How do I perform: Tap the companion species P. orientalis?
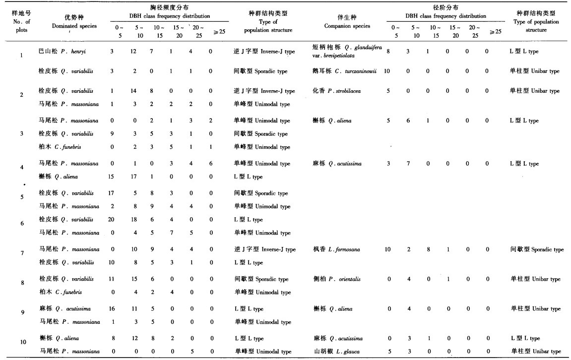[340, 279]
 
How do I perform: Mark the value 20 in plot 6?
[112, 220]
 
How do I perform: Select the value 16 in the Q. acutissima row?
[112, 309]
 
